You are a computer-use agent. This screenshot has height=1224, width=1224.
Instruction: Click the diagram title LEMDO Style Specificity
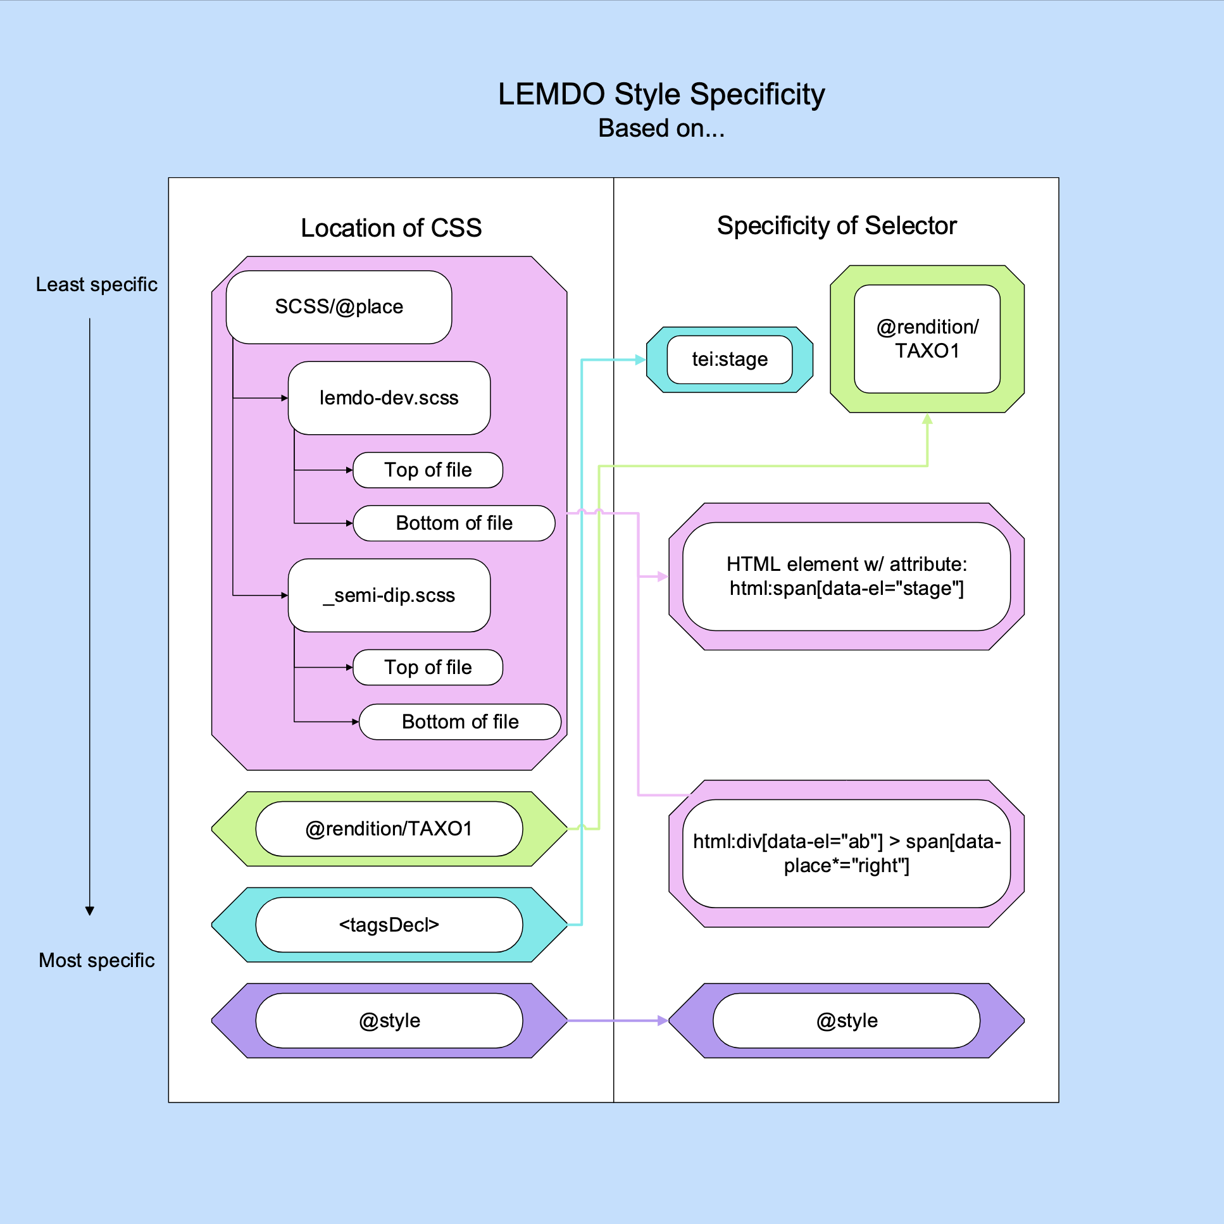click(x=661, y=94)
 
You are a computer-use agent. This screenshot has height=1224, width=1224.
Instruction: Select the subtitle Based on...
click(x=661, y=128)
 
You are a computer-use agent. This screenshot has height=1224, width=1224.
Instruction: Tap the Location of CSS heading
click(x=391, y=228)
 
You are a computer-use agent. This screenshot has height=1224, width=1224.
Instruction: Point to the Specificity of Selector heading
click(x=836, y=225)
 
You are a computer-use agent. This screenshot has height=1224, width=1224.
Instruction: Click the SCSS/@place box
click(x=339, y=308)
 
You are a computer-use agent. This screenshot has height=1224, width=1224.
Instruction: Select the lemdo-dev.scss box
click(x=389, y=398)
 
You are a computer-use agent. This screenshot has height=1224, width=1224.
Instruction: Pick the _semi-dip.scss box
click(x=389, y=596)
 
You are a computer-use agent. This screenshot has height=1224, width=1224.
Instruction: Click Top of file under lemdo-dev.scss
click(x=428, y=470)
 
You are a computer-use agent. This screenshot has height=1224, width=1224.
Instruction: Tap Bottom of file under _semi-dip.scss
click(x=460, y=721)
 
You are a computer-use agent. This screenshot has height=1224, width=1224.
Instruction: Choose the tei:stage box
click(x=729, y=360)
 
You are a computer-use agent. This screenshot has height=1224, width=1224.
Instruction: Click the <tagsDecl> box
click(x=389, y=925)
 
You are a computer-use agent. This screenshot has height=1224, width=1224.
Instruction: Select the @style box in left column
click(x=389, y=1021)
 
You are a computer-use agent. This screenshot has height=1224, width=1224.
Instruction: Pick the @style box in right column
click(x=846, y=1021)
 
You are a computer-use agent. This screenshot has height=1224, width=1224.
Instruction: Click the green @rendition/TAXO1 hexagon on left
click(x=389, y=828)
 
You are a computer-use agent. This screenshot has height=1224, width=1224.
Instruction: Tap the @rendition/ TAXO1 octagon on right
click(x=927, y=339)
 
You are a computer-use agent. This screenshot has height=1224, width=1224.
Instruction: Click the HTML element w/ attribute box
click(x=846, y=577)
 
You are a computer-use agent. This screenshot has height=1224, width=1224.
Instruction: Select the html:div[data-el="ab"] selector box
click(x=846, y=853)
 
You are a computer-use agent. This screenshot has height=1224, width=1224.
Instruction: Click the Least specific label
click(x=96, y=284)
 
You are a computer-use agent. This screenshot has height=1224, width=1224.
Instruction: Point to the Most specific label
click(x=96, y=961)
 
